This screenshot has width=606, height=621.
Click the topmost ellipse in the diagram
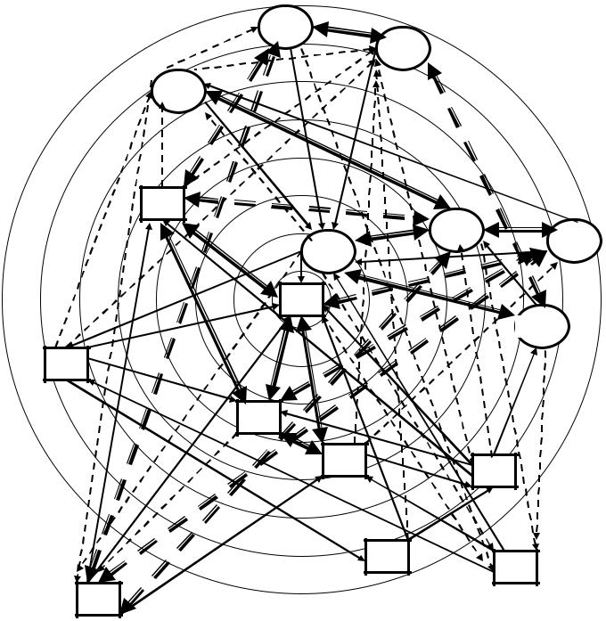(x=285, y=27)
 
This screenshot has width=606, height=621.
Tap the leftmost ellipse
(x=178, y=91)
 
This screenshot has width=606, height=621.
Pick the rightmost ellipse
(x=574, y=241)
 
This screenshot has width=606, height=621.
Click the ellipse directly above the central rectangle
(x=328, y=251)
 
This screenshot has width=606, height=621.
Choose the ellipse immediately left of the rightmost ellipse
(x=456, y=230)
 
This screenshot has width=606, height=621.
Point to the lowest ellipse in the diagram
(x=543, y=326)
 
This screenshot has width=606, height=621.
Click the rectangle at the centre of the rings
(x=301, y=300)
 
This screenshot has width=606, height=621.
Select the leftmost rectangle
(x=66, y=364)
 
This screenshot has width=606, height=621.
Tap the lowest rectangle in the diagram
(x=98, y=600)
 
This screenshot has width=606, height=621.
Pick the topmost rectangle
(x=162, y=203)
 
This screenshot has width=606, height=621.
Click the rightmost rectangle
(x=516, y=567)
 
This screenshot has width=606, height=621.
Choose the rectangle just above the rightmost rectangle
(x=494, y=470)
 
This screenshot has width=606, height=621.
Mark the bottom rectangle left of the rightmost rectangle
(x=387, y=556)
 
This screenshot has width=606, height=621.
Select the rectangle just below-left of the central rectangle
(x=258, y=417)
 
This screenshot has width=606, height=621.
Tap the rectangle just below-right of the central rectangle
(x=344, y=460)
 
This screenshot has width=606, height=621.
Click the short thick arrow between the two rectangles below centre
(x=301, y=439)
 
